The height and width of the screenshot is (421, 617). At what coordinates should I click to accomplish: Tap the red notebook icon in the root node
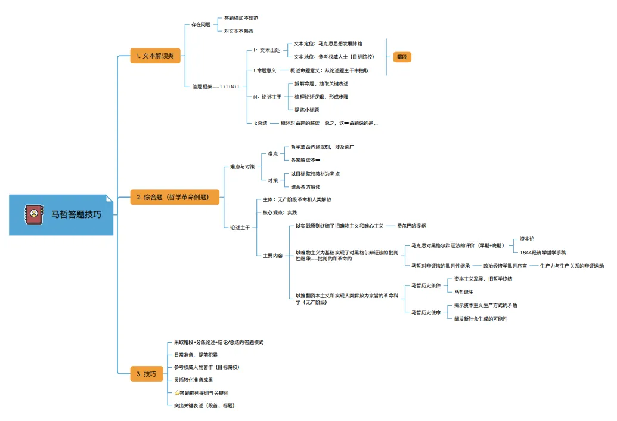pyautogui.click(x=33, y=214)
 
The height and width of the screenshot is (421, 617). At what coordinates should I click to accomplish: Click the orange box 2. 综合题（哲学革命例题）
pyautogui.click(x=175, y=196)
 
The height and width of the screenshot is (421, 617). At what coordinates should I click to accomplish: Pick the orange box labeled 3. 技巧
pyautogui.click(x=146, y=374)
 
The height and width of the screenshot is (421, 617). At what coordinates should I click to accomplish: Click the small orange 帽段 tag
pyautogui.click(x=403, y=57)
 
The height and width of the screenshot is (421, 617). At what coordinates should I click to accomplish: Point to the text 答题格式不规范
pyautogui.click(x=241, y=18)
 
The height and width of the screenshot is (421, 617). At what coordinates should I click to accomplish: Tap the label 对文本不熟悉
pyautogui.click(x=238, y=31)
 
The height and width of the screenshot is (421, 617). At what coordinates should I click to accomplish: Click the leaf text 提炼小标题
pyautogui.click(x=307, y=109)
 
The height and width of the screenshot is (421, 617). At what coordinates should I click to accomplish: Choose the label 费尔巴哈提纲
pyautogui.click(x=411, y=226)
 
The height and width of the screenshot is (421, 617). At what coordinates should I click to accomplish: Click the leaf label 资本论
pyautogui.click(x=527, y=239)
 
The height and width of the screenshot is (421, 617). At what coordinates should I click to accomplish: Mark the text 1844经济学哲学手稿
pyautogui.click(x=542, y=253)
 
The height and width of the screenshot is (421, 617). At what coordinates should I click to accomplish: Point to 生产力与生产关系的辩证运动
pyautogui.click(x=572, y=265)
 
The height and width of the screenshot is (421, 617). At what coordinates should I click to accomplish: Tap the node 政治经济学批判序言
pyautogui.click(x=505, y=265)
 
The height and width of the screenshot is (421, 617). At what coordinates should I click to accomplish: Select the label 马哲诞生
pyautogui.click(x=464, y=292)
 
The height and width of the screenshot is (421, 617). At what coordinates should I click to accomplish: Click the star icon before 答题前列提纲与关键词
pyautogui.click(x=176, y=393)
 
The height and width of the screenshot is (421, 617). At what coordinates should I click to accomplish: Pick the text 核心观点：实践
pyautogui.click(x=280, y=213)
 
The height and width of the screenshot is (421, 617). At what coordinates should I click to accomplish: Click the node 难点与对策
pyautogui.click(x=243, y=167)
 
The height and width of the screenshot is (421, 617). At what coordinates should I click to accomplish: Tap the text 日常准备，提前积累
pyautogui.click(x=196, y=355)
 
